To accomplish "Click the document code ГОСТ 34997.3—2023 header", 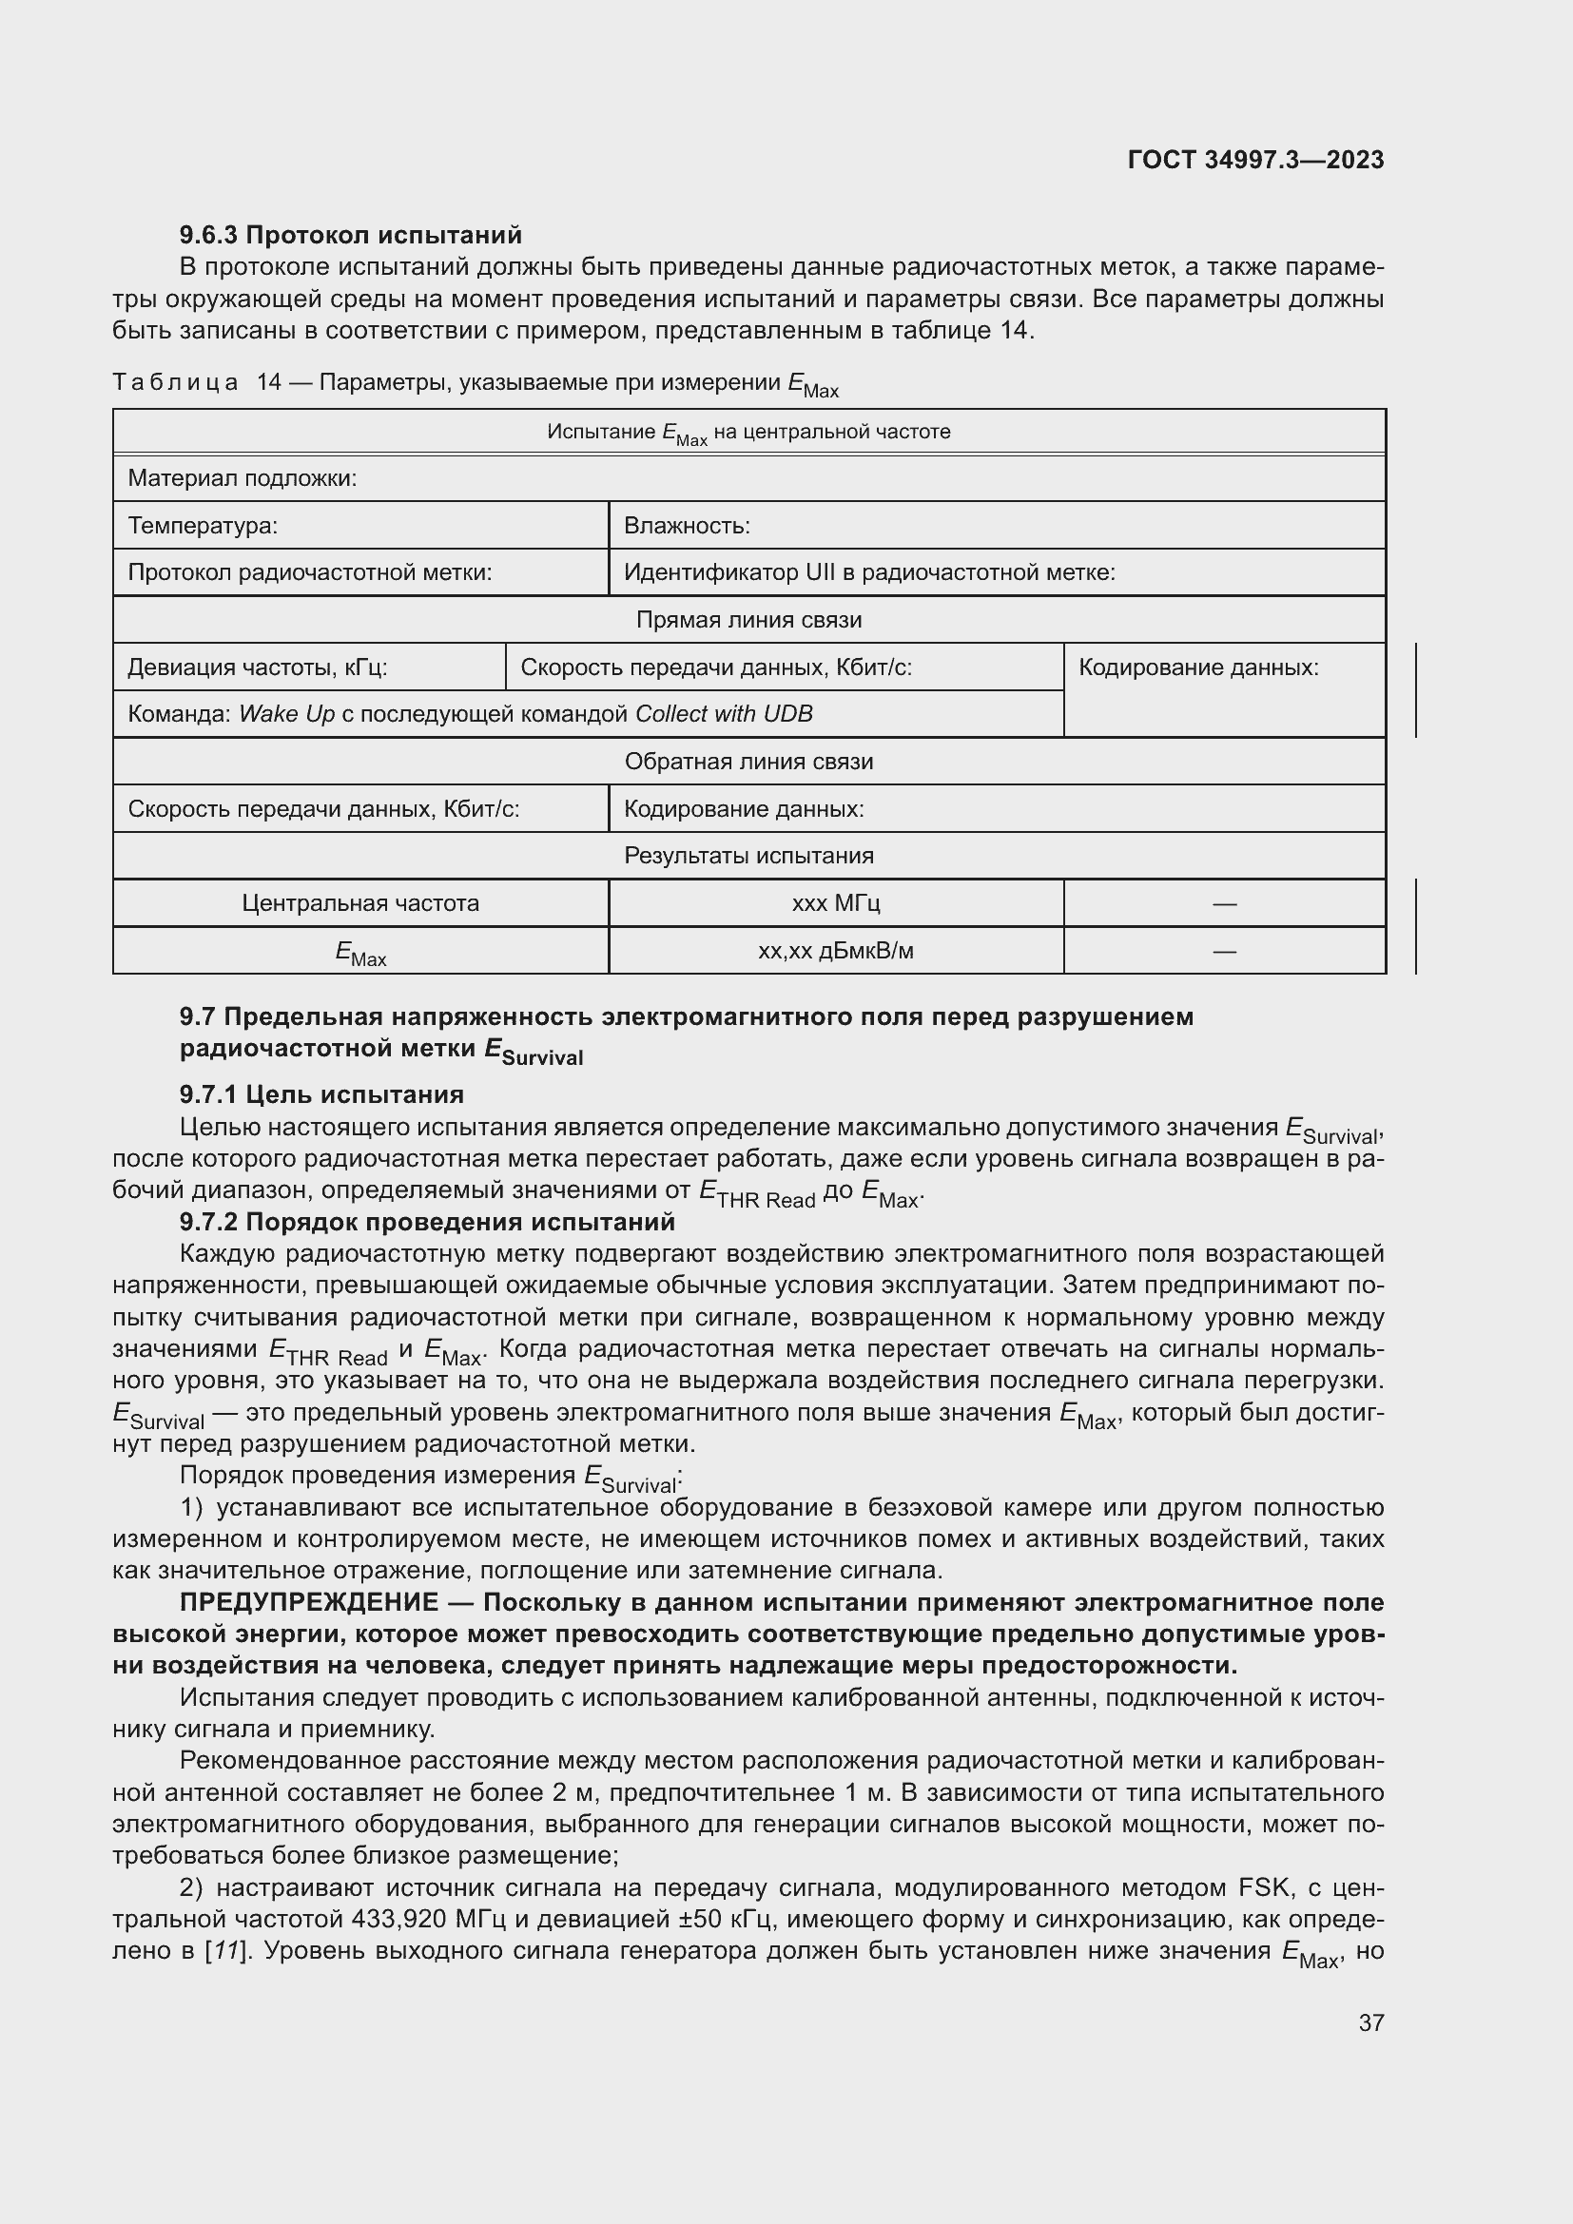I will pyautogui.click(x=1255, y=160).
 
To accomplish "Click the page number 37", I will pyautogui.click(x=1370, y=2022).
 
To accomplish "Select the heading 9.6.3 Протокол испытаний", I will pyautogui.click(x=350, y=235).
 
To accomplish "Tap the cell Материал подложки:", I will pyautogui.click(x=243, y=478).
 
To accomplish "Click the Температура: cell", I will pyautogui.click(x=203, y=526).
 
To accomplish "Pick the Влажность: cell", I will pyautogui.click(x=687, y=526).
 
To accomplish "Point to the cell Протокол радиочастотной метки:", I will pyautogui.click(x=310, y=572).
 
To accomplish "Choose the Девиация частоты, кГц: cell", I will pyautogui.click(x=258, y=667).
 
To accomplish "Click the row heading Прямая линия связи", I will pyautogui.click(x=748, y=620).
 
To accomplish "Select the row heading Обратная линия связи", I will pyautogui.click(x=748, y=762).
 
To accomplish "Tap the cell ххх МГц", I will pyautogui.click(x=835, y=903).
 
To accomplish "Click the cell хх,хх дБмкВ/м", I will pyautogui.click(x=835, y=951).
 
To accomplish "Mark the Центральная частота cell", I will pyautogui.click(x=360, y=903).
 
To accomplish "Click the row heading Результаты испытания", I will pyautogui.click(x=748, y=857).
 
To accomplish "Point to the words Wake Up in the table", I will pyautogui.click(x=285, y=715).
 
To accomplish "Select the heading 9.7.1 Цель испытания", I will pyautogui.click(x=321, y=1094).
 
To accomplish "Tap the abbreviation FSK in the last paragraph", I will pyautogui.click(x=1264, y=1889).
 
